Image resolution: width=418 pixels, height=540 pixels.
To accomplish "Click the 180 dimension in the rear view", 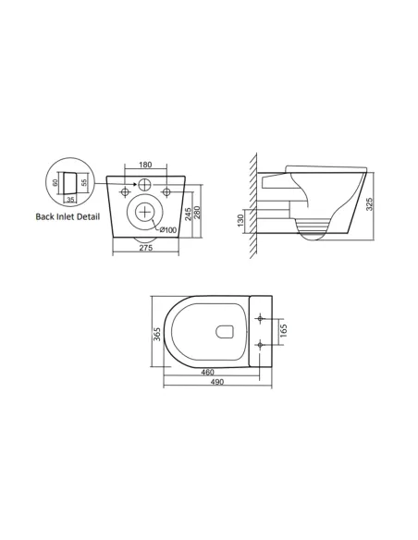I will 145,166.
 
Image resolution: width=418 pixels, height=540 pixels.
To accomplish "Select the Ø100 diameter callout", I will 167,228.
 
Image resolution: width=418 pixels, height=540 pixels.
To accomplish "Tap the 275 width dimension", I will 145,249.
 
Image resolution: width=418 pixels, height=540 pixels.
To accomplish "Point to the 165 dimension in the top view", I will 283,330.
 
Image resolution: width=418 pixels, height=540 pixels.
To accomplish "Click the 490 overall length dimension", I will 216,385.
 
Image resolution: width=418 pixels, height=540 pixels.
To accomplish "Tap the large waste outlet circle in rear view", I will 145,212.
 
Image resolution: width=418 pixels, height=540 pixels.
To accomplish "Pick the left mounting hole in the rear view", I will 122,191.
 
